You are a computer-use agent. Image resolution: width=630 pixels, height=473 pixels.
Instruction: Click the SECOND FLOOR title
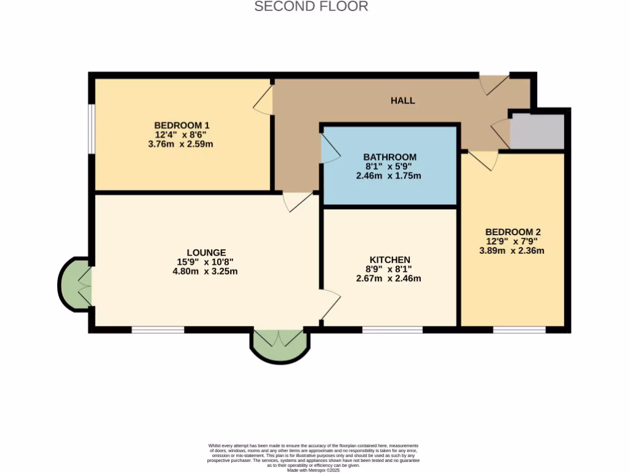point(311,7)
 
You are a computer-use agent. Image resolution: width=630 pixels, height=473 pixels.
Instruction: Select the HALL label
point(403,100)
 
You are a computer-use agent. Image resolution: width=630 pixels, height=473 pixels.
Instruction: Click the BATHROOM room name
point(389,157)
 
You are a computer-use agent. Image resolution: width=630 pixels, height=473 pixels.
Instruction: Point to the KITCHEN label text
point(389,259)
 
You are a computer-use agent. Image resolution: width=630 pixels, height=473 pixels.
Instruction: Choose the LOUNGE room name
point(206,253)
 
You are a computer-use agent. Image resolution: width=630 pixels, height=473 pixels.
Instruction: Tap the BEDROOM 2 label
point(512,232)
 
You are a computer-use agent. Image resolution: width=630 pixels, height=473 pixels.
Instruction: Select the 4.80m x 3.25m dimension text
point(205,271)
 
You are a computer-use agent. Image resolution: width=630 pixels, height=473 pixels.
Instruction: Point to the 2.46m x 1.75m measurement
point(389,176)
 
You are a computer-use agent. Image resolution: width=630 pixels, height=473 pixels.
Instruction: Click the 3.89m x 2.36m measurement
point(512,251)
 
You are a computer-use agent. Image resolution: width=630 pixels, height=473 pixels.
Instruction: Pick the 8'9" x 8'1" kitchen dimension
point(389,269)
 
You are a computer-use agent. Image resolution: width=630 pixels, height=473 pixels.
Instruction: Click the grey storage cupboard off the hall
point(537,131)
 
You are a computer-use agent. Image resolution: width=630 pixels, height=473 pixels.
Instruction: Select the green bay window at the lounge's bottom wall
point(279,345)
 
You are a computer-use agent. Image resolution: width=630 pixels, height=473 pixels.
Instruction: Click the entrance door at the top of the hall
point(493,84)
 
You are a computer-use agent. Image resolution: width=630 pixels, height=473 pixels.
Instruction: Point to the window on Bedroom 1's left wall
point(90,128)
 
